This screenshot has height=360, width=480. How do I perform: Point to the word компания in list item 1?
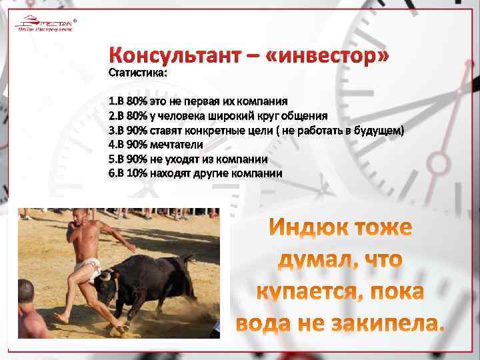point(261,101)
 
